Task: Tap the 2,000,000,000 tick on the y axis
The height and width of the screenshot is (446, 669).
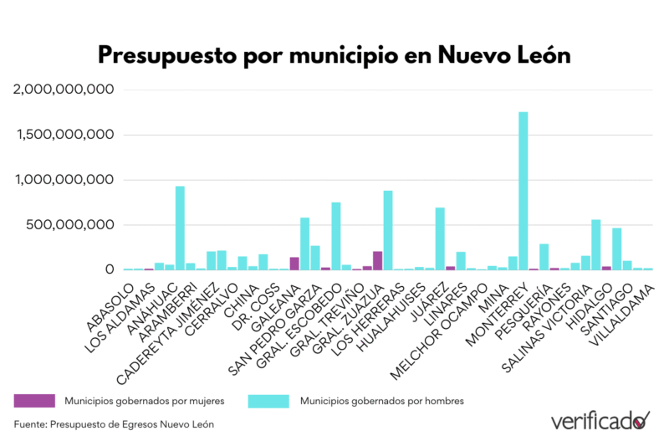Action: [64, 90]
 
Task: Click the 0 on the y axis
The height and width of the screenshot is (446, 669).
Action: [108, 270]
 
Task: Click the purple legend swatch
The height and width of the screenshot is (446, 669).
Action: [34, 400]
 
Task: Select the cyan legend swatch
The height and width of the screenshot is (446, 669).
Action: [269, 400]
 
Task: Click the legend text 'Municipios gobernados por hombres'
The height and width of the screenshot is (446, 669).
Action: [381, 401]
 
